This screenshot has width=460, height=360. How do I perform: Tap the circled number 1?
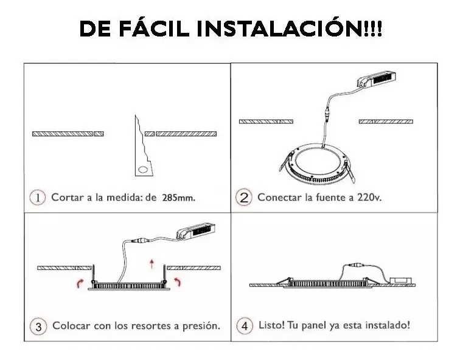[x=38, y=197]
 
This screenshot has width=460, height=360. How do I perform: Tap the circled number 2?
[x=243, y=197]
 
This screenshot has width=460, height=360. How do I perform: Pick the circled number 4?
[x=245, y=325]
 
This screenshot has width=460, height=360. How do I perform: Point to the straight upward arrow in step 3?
[x=152, y=262]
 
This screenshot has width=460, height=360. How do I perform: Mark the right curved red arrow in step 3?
[x=177, y=282]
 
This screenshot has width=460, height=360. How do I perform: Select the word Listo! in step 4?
[x=272, y=325]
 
